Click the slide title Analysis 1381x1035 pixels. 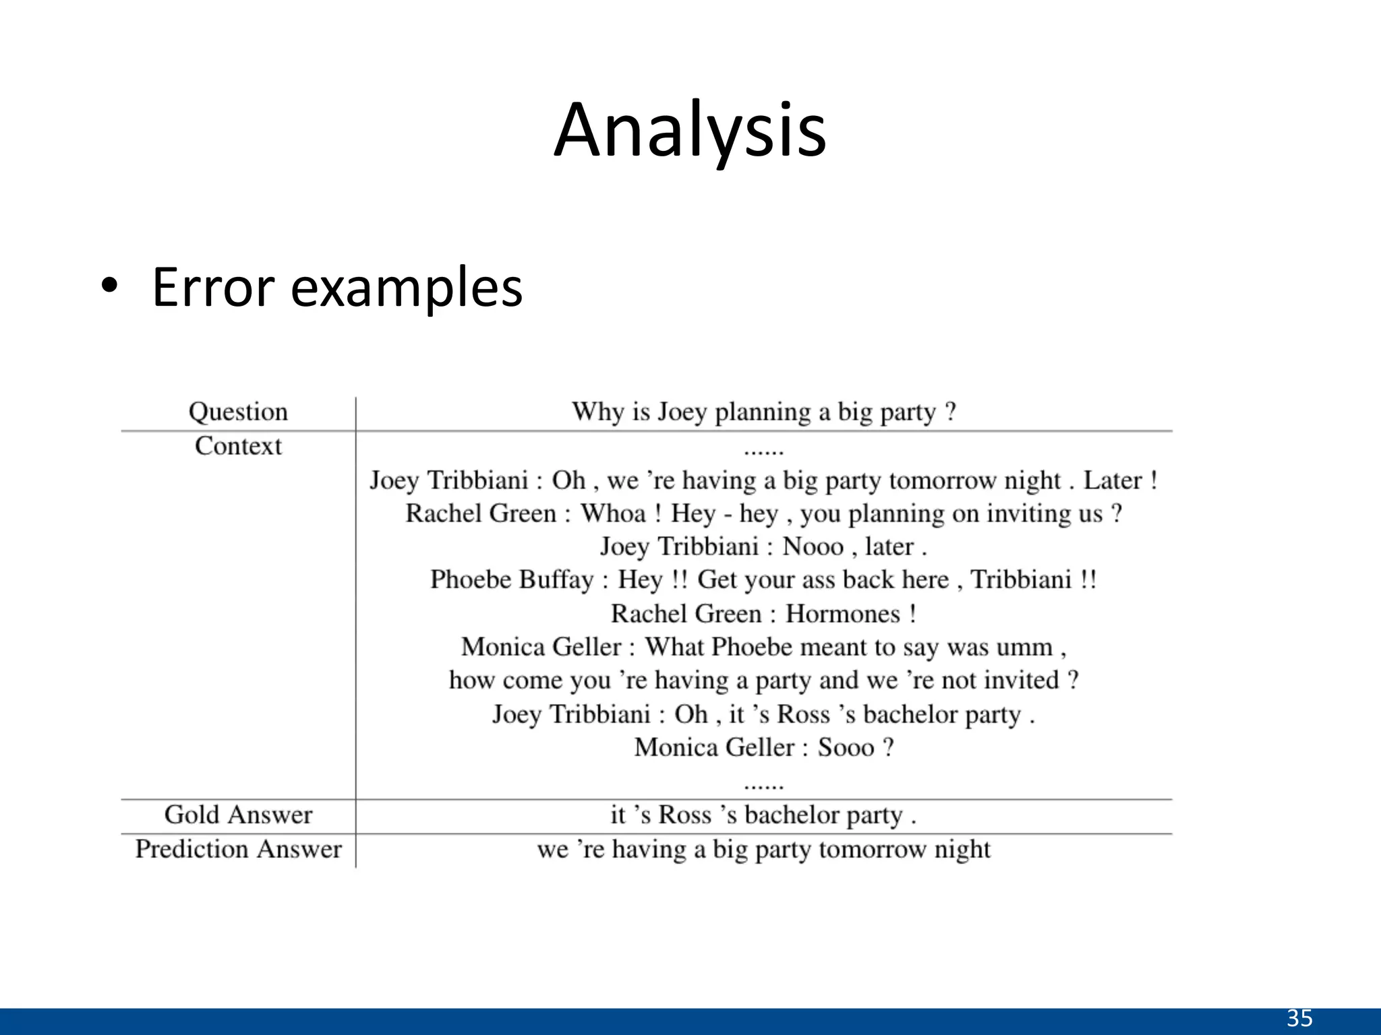(x=690, y=131)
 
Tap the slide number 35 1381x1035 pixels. (x=1299, y=1017)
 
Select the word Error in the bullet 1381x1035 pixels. (x=214, y=287)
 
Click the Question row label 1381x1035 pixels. (x=238, y=412)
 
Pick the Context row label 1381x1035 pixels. (x=238, y=446)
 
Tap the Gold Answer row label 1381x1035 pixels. (x=238, y=815)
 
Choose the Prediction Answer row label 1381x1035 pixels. (x=238, y=849)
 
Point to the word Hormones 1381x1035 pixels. (x=843, y=614)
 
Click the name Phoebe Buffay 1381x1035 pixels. (x=512, y=579)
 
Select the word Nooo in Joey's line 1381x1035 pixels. (x=813, y=546)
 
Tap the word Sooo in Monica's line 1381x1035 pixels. (x=846, y=747)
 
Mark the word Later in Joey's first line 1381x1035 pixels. (x=1113, y=480)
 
